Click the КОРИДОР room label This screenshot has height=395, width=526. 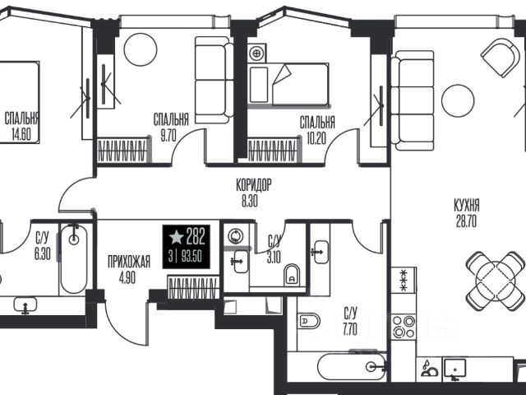(x=254, y=185)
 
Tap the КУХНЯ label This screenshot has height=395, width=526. (x=467, y=205)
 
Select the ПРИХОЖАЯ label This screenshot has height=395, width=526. (x=129, y=262)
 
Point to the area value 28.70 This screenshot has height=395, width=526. (x=466, y=221)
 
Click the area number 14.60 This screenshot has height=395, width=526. (x=21, y=135)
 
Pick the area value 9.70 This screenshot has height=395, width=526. (x=168, y=137)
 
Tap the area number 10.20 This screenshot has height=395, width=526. (x=316, y=138)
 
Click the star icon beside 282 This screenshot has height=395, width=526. (x=176, y=237)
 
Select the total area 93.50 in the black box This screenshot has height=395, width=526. (x=191, y=257)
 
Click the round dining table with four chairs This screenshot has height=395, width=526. (x=496, y=281)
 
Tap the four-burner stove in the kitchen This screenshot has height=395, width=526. (x=404, y=327)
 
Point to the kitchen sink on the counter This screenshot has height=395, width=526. (x=454, y=369)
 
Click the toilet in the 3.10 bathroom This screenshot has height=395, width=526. (x=292, y=275)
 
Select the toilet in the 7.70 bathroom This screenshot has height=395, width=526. (x=309, y=322)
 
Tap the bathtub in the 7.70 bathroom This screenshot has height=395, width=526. (x=352, y=367)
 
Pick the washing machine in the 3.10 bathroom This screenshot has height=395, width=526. (x=237, y=236)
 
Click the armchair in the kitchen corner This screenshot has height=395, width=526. (x=501, y=58)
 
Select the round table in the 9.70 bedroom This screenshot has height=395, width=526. (x=141, y=49)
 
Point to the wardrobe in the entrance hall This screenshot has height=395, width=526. (x=192, y=287)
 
